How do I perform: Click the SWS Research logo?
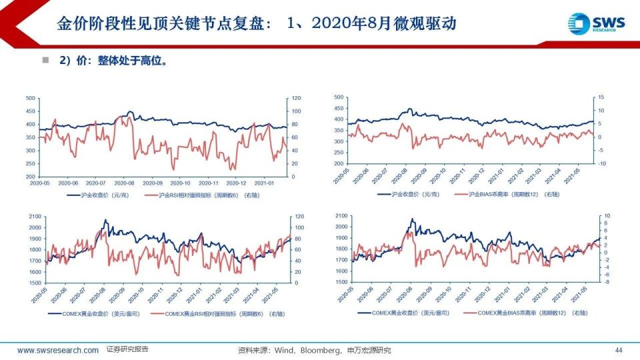598,23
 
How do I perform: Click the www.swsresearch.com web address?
57,350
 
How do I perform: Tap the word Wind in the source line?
285,350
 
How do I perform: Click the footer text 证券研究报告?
127,349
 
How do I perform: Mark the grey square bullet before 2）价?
46,60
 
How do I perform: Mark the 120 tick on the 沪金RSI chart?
291,98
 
